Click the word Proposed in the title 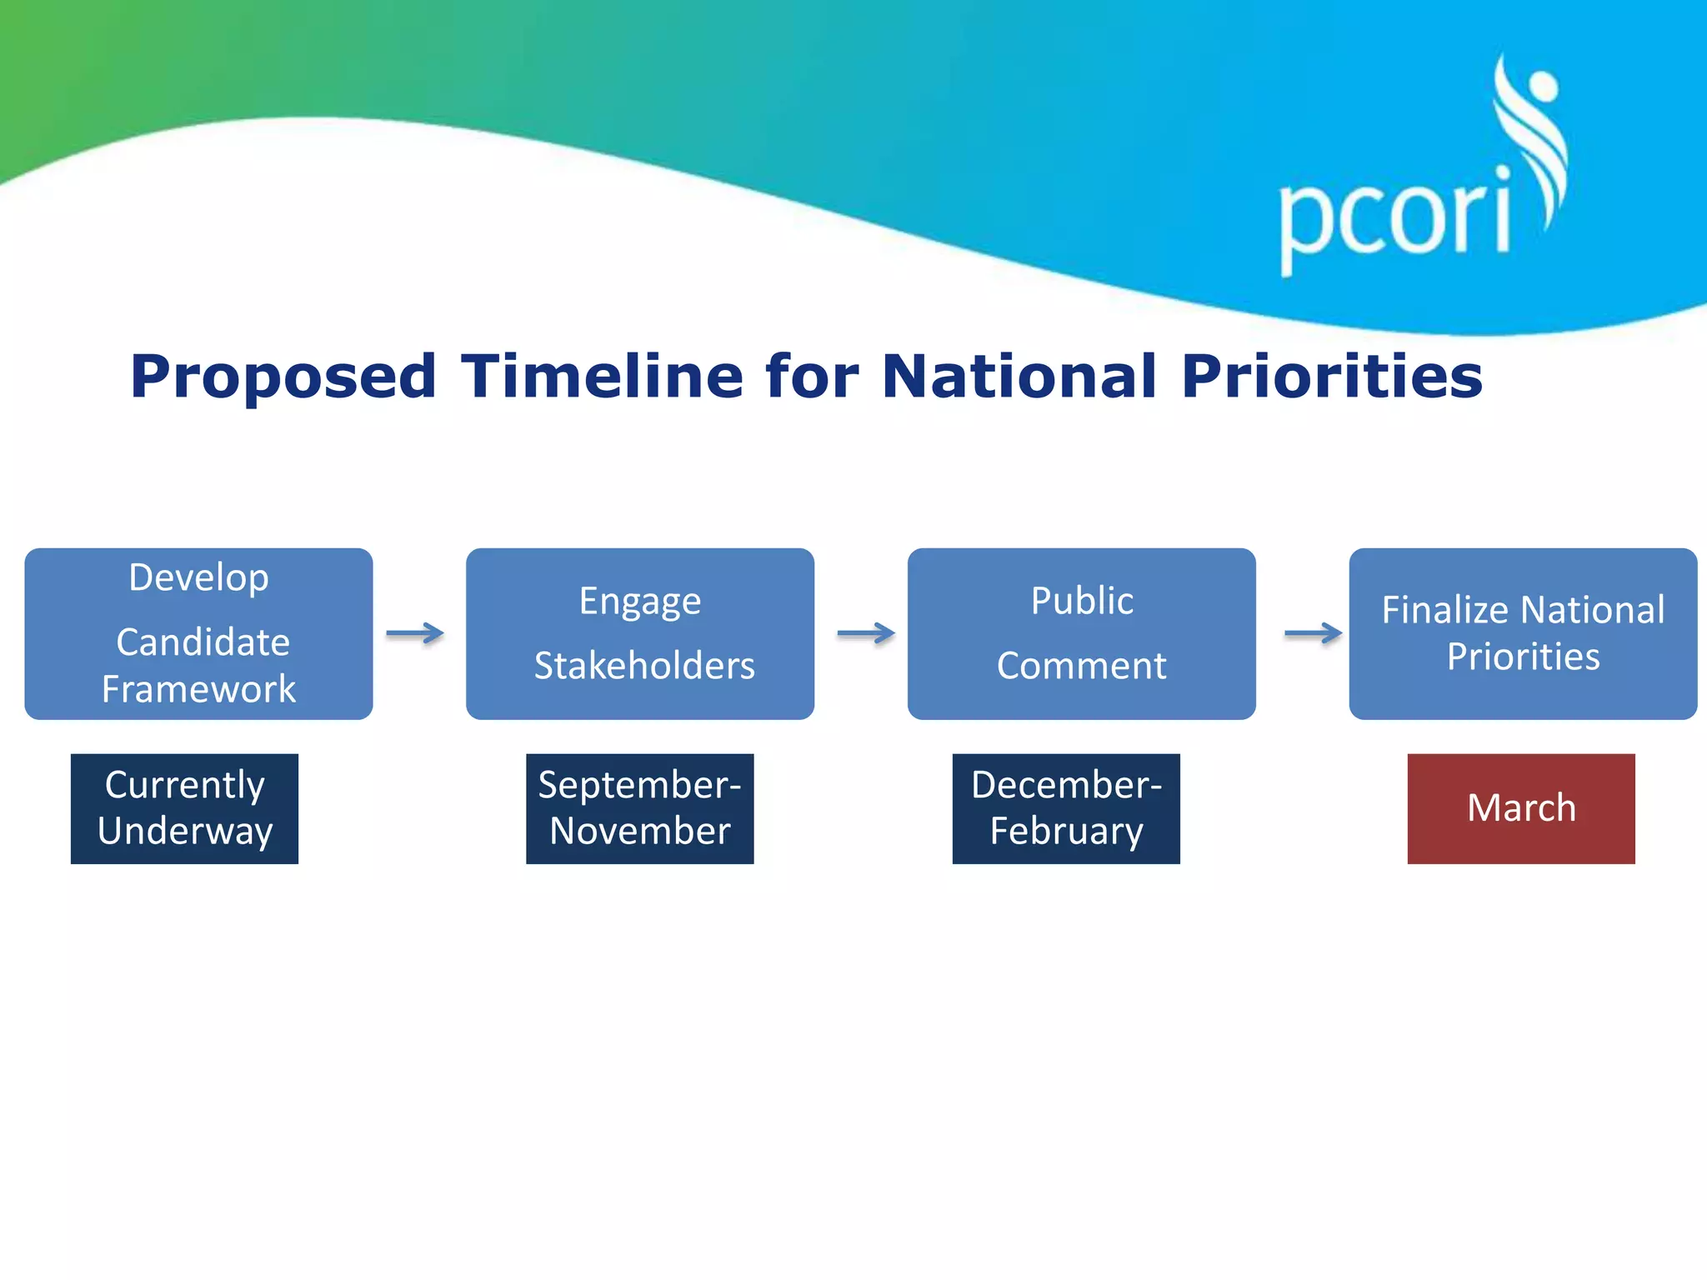tap(283, 377)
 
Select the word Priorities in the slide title tap(1332, 377)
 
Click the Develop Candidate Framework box tap(198, 633)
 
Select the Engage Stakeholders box tap(640, 633)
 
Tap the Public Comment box tap(1081, 633)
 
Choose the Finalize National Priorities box tap(1523, 633)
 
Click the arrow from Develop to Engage tap(415, 634)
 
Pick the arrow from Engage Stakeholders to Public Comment tap(866, 634)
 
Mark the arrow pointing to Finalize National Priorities tap(1313, 634)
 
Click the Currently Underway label tap(184, 808)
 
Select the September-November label tap(639, 808)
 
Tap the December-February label tap(1066, 808)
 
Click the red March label tap(1521, 808)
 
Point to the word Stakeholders tap(644, 666)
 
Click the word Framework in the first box tap(198, 689)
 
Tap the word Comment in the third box tap(1081, 666)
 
